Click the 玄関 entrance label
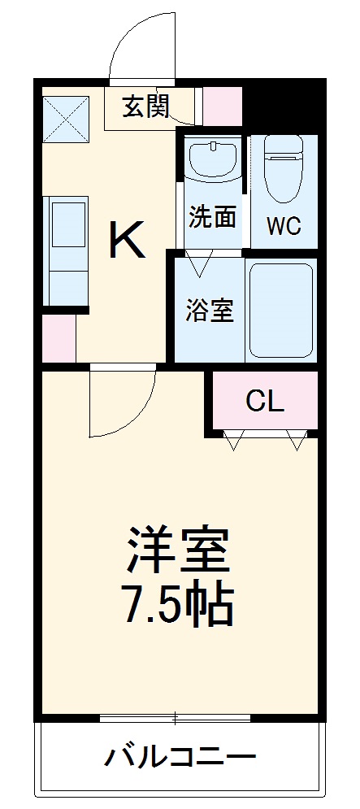click(x=145, y=106)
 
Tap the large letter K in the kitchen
click(x=128, y=240)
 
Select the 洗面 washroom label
click(x=213, y=216)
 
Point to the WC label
click(x=284, y=226)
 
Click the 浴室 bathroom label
click(x=210, y=311)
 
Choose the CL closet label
click(x=265, y=400)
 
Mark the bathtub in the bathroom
click(x=280, y=310)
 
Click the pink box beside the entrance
click(x=222, y=105)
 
